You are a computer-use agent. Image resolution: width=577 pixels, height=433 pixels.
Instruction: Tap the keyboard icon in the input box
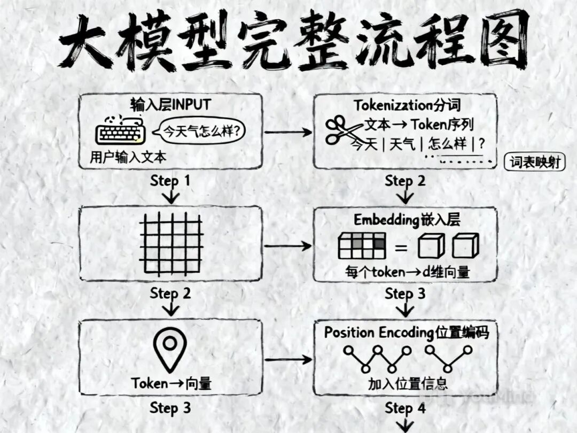point(121,131)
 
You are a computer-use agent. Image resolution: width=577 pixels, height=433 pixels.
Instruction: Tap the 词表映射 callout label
point(534,163)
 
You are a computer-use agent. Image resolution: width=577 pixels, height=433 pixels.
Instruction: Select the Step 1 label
point(170,181)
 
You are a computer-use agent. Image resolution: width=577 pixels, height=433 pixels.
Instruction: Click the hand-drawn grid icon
point(171,245)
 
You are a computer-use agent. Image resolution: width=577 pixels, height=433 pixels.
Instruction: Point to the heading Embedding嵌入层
point(407,220)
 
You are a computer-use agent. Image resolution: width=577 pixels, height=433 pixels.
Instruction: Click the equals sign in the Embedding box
point(401,247)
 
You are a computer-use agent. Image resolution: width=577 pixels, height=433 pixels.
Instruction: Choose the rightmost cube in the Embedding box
point(464,246)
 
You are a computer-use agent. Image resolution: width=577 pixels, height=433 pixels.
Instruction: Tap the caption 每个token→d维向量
point(407,272)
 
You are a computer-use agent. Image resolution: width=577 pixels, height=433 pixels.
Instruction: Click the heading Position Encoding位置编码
point(407,332)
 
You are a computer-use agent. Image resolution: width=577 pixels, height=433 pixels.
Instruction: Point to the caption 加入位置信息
point(407,383)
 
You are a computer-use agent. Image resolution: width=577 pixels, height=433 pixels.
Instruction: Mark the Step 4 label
point(406,409)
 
